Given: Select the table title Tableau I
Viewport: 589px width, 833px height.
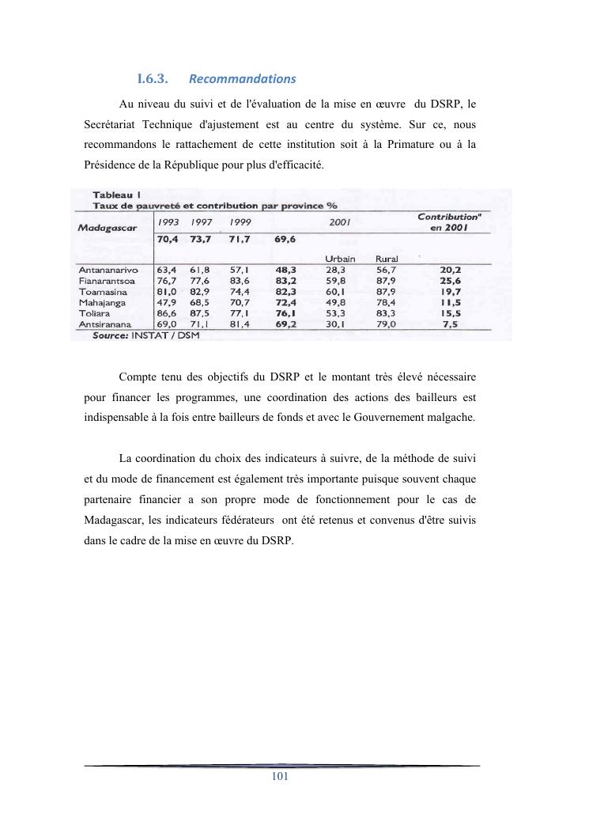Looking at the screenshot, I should point(117,195).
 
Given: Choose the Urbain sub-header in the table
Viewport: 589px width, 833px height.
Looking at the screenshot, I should point(340,259).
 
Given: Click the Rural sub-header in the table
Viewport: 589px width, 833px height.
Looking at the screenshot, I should point(387,259).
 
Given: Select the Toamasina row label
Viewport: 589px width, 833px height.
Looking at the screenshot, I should point(105,291).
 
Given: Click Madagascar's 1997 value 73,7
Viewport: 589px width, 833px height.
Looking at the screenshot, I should point(204,239).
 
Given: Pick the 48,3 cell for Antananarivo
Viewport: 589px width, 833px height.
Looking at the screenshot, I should point(285,270).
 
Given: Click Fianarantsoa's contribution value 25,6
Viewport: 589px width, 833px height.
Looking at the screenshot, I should point(451,280).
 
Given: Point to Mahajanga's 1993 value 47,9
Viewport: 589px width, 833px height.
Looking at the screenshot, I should point(166,302).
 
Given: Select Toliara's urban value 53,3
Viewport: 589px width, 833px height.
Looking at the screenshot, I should point(337,313).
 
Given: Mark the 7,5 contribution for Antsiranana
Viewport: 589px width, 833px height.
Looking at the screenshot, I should point(451,324).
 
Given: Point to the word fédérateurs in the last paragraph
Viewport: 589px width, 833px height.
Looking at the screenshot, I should point(238,520).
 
